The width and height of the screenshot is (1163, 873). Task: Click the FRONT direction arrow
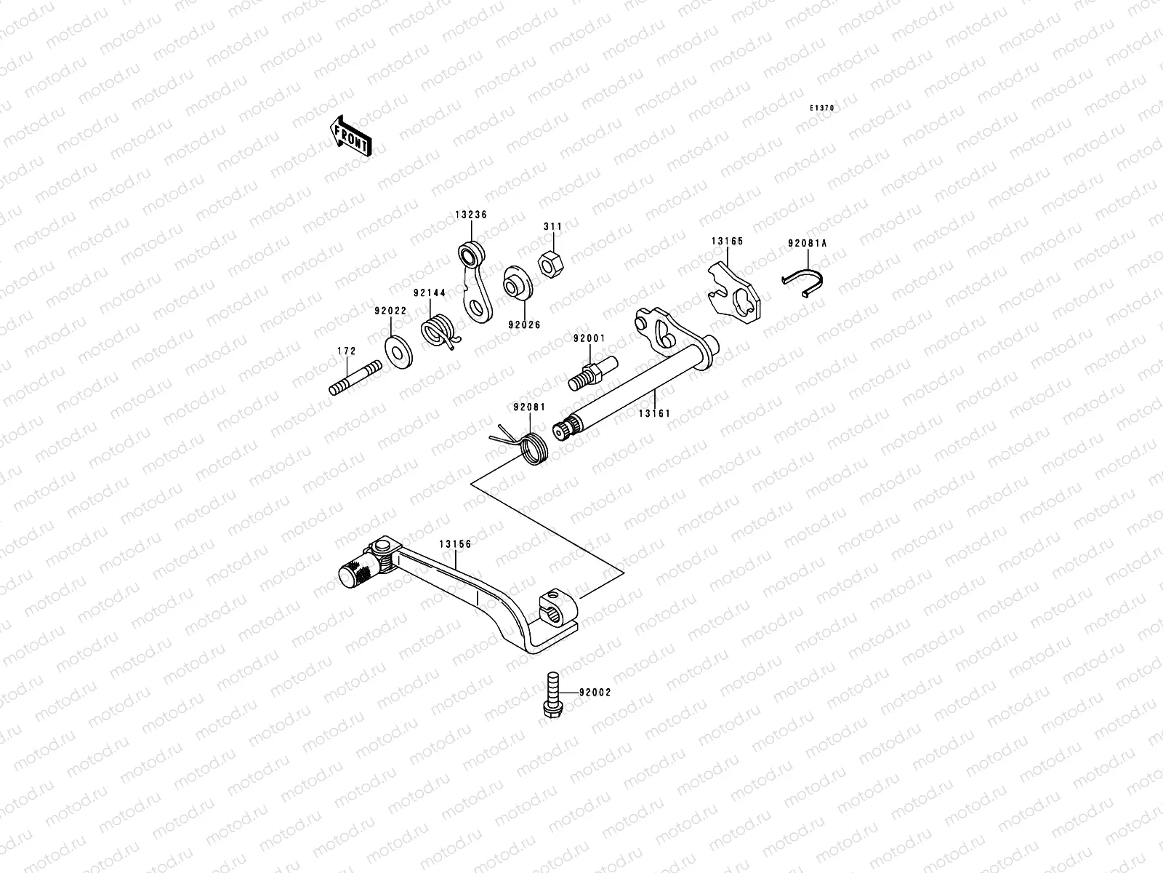point(351,136)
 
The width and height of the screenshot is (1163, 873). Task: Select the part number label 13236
point(471,215)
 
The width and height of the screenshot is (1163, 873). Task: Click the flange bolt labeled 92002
point(552,696)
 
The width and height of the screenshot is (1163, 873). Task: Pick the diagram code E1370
point(823,108)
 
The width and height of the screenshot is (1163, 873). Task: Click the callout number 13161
point(654,413)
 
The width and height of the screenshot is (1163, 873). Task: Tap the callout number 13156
point(455,543)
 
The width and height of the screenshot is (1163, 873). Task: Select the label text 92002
point(595,693)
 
